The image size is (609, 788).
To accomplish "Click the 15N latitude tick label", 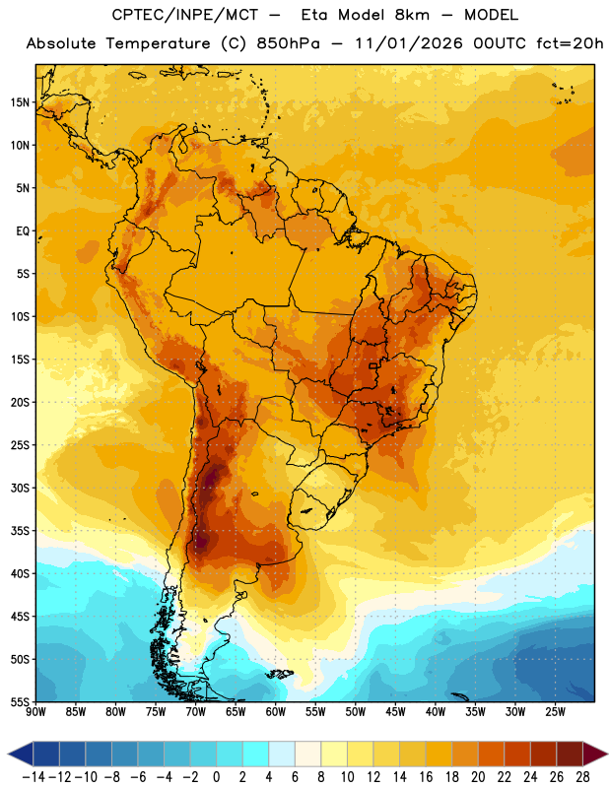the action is (x=20, y=102).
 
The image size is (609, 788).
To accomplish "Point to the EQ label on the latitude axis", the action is (x=23, y=231).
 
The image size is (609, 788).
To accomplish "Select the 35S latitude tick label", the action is (x=20, y=531).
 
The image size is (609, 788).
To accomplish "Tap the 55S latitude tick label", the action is (x=20, y=701).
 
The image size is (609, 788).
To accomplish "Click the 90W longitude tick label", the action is (x=35, y=712).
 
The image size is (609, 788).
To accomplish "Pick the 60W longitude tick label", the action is (x=276, y=712).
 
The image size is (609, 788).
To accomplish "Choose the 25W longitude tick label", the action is (x=555, y=712).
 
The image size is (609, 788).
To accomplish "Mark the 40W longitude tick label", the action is (x=436, y=712).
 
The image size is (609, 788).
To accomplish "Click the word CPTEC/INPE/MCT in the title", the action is (x=184, y=15).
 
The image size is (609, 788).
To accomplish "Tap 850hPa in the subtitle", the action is (x=288, y=43).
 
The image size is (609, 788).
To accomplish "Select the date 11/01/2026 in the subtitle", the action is (x=409, y=43).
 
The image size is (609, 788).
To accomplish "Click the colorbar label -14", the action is (x=34, y=777).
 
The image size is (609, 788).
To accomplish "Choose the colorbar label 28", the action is (x=582, y=777).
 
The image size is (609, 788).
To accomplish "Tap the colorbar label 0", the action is (x=216, y=777).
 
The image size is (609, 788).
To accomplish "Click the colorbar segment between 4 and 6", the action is (x=282, y=755).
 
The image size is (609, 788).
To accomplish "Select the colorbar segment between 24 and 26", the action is (x=543, y=755).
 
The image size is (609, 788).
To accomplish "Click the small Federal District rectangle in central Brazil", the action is (x=373, y=366).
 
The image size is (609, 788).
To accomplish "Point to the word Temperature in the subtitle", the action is (x=158, y=44).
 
